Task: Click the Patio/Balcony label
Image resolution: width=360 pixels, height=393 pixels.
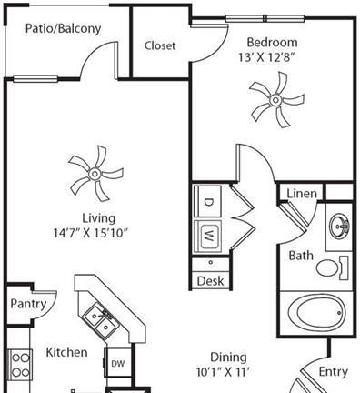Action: [x=63, y=28]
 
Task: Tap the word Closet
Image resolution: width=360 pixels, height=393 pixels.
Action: [x=160, y=45]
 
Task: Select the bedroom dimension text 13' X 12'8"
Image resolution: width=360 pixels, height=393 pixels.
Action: [x=266, y=57]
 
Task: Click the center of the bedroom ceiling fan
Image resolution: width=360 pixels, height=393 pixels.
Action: [x=275, y=100]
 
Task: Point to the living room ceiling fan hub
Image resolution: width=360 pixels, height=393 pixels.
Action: [x=95, y=174]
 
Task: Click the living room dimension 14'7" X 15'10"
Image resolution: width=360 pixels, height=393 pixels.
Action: [x=91, y=233]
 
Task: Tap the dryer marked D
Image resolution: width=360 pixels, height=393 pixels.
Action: [x=208, y=201]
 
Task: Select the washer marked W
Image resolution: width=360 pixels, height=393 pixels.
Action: [x=208, y=237]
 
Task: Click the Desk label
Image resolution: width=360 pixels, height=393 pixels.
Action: [x=210, y=281]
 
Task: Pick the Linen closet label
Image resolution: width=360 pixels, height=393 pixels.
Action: [x=302, y=194]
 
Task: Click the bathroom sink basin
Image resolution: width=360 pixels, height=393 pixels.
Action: [x=339, y=226]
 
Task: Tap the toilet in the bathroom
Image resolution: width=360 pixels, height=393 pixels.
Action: [x=332, y=267]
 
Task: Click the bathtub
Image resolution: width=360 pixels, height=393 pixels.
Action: [x=316, y=314]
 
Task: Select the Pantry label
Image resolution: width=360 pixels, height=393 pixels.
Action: [x=28, y=304]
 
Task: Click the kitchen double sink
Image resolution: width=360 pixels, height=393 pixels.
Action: [x=99, y=321]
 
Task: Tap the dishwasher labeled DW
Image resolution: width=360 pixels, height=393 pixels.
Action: [x=118, y=363]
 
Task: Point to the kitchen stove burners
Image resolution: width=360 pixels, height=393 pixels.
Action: [x=20, y=365]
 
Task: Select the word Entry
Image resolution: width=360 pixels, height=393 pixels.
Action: [x=333, y=372]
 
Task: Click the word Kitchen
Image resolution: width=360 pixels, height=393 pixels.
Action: [x=66, y=352]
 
